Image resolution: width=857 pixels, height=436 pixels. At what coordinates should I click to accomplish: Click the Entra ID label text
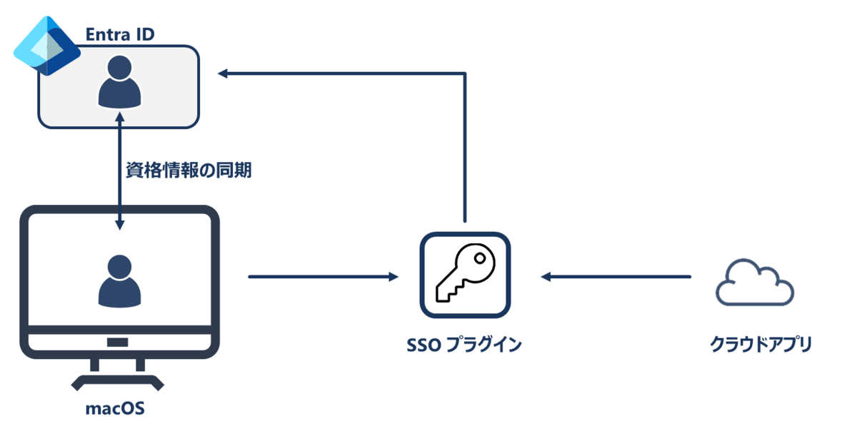(x=120, y=34)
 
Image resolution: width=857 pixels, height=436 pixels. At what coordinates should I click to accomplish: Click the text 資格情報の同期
(x=188, y=171)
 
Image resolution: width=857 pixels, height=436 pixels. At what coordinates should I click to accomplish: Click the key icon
(x=465, y=274)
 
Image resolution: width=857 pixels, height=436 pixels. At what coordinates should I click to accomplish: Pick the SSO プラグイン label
(x=464, y=345)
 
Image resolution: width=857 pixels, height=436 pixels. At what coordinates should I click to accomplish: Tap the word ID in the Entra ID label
(x=144, y=34)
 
